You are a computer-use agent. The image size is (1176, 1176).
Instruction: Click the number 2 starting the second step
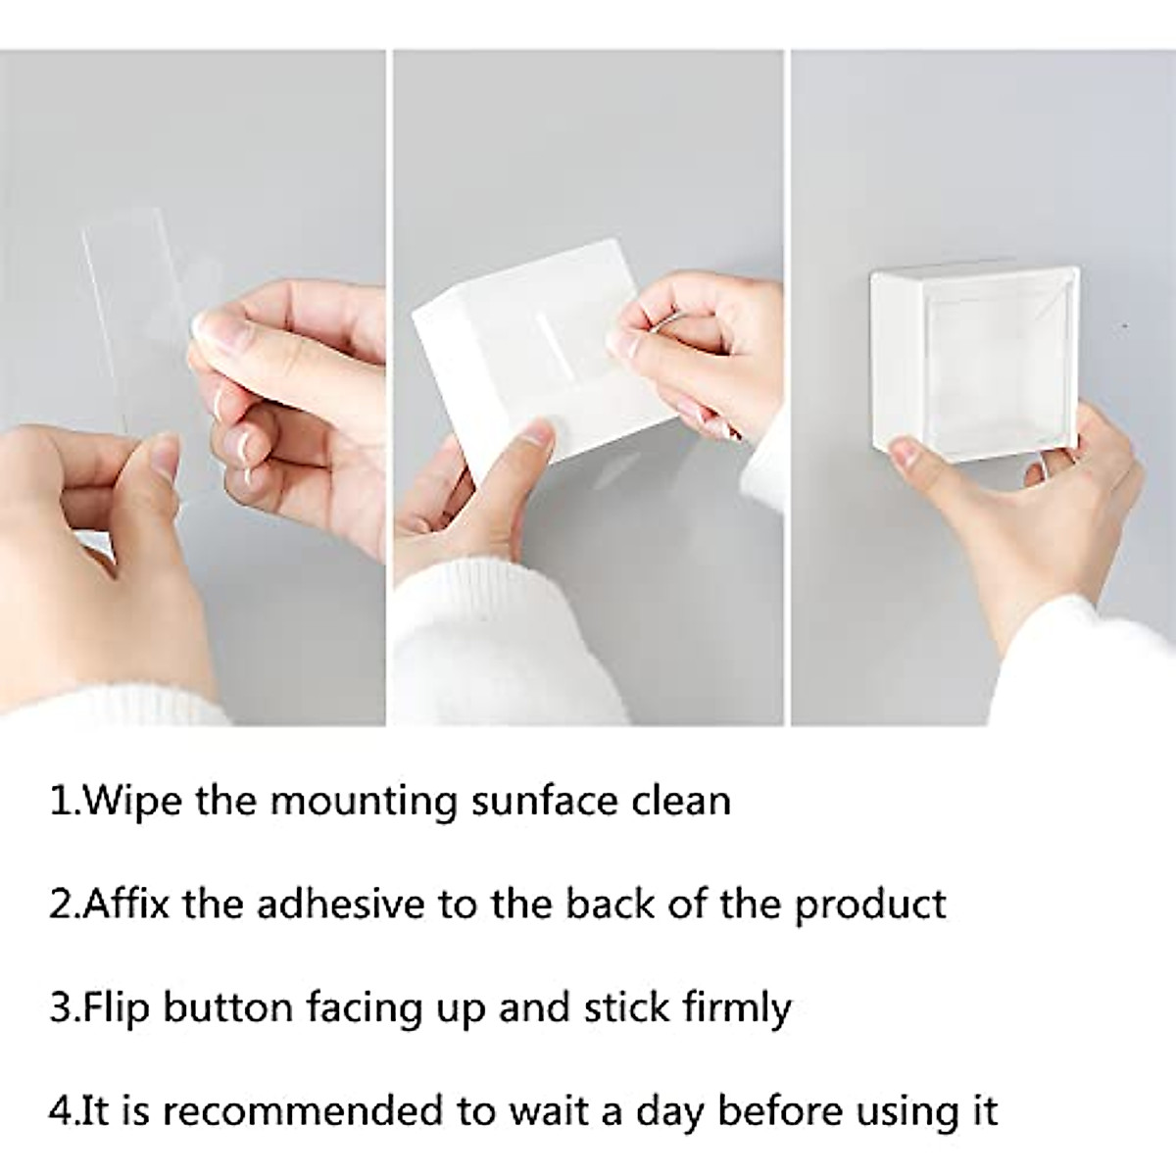pyautogui.click(x=59, y=905)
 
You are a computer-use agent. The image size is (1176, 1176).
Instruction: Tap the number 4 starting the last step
pyautogui.click(x=59, y=1111)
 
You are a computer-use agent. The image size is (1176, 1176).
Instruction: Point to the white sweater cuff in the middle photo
pyautogui.click(x=461, y=637)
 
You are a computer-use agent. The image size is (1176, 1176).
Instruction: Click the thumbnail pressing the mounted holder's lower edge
pyautogui.click(x=912, y=453)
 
